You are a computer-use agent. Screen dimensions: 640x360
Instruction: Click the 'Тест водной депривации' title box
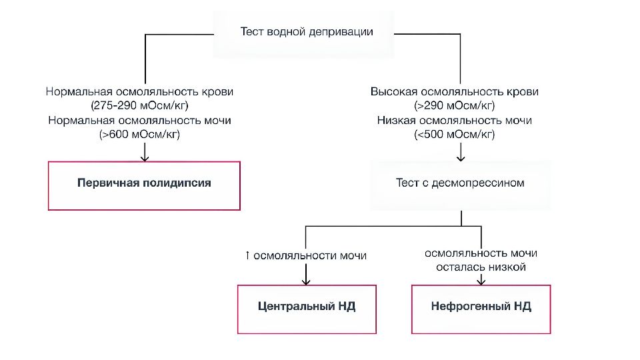(x=303, y=34)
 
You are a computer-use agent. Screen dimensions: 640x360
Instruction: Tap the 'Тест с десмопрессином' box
(x=461, y=185)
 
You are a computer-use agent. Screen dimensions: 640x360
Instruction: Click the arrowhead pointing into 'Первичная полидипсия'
(x=145, y=159)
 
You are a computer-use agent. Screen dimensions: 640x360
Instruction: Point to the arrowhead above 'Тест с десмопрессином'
(x=461, y=158)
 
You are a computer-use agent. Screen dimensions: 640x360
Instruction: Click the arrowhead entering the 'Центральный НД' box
(x=306, y=281)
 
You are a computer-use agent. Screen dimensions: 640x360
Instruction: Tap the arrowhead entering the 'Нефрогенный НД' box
(x=481, y=281)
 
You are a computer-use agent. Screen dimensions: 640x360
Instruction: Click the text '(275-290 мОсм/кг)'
(x=139, y=106)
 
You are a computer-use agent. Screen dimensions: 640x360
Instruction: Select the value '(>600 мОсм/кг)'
(x=139, y=134)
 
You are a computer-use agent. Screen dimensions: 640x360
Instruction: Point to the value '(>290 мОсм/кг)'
(x=454, y=106)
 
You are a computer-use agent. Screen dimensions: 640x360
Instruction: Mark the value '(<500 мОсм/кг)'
(x=454, y=134)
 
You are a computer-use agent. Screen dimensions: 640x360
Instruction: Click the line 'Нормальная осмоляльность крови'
(x=139, y=91)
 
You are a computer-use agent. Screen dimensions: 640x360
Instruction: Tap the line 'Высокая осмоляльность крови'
(x=454, y=91)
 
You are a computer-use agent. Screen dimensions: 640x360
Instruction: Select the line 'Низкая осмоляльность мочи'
(x=454, y=121)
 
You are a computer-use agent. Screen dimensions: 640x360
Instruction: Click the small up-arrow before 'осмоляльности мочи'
(x=247, y=255)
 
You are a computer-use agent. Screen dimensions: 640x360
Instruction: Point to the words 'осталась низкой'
(x=481, y=267)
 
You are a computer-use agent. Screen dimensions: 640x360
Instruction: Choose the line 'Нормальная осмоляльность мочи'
(x=139, y=121)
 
